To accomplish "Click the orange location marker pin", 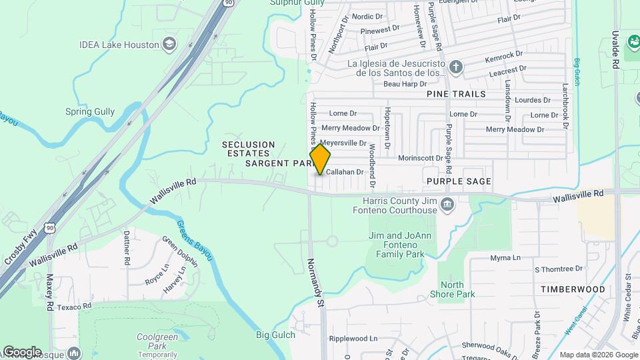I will [320, 159].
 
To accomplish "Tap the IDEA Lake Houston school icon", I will [170, 45].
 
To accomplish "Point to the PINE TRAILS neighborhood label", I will [456, 94].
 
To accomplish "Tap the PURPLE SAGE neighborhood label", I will [459, 181].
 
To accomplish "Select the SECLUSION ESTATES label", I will [248, 149].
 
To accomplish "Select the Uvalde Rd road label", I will [616, 47].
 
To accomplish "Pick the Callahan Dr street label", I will [344, 171].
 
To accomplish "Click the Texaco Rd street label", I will [73, 306].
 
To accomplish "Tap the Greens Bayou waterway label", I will [194, 241].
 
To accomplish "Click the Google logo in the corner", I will [21, 352].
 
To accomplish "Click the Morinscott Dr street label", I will [420, 158].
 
